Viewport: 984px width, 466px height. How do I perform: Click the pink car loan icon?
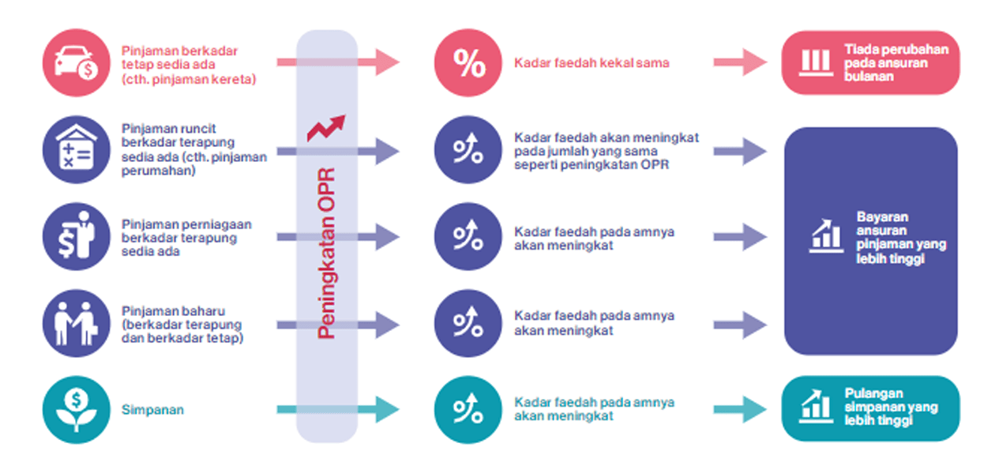click(x=76, y=62)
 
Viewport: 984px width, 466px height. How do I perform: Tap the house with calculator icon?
click(x=76, y=150)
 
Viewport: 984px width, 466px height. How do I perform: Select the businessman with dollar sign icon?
click(x=76, y=236)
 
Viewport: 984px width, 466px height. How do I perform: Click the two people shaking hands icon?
click(x=76, y=323)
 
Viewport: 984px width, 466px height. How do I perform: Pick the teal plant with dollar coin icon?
click(x=76, y=410)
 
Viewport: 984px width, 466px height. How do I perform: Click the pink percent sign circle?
click(x=468, y=62)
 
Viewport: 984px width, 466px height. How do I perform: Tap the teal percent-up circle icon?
click(x=468, y=409)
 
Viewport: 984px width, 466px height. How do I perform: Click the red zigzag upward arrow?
click(x=326, y=127)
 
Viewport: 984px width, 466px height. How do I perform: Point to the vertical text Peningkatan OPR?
click(x=327, y=253)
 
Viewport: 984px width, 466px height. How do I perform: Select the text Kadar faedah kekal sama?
click(x=592, y=63)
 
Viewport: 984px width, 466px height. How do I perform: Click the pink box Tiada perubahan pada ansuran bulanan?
click(x=870, y=63)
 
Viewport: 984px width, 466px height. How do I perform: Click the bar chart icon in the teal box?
click(x=816, y=406)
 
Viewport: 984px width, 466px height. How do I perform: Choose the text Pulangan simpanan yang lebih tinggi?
click(x=891, y=407)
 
